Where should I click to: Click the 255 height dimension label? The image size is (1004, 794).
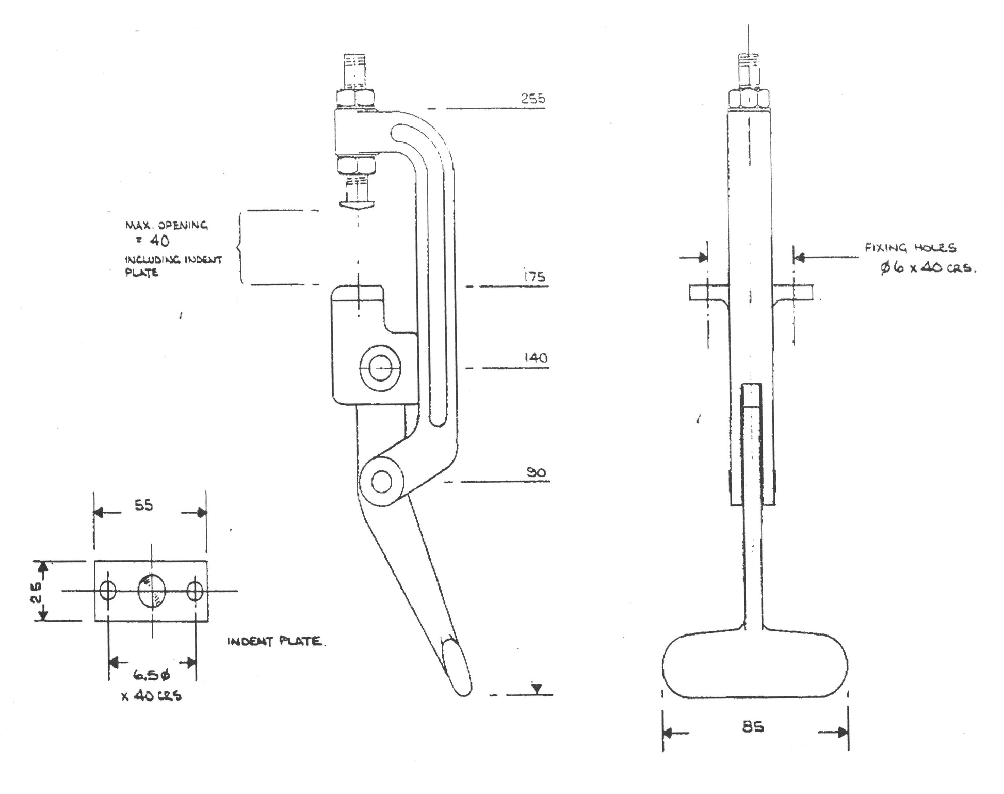(532, 98)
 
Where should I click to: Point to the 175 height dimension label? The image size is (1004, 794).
(533, 277)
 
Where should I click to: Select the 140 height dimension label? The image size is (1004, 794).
(535, 357)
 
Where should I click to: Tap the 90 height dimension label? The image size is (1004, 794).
(536, 472)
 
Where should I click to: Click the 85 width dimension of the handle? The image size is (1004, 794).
(753, 727)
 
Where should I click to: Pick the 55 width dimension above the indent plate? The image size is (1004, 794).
(144, 505)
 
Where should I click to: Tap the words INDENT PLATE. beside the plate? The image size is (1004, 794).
(277, 642)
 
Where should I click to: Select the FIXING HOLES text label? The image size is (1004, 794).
(910, 248)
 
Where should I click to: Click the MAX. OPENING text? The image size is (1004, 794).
(166, 226)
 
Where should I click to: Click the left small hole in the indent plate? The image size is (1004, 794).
(108, 591)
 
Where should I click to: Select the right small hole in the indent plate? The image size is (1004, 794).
(195, 591)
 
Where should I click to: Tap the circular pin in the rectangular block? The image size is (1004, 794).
(380, 368)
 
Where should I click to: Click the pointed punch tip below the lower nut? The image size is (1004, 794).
(357, 204)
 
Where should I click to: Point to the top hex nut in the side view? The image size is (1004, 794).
(356, 99)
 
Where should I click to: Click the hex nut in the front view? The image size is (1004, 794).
(749, 99)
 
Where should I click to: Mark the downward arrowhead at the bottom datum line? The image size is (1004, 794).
(537, 688)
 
